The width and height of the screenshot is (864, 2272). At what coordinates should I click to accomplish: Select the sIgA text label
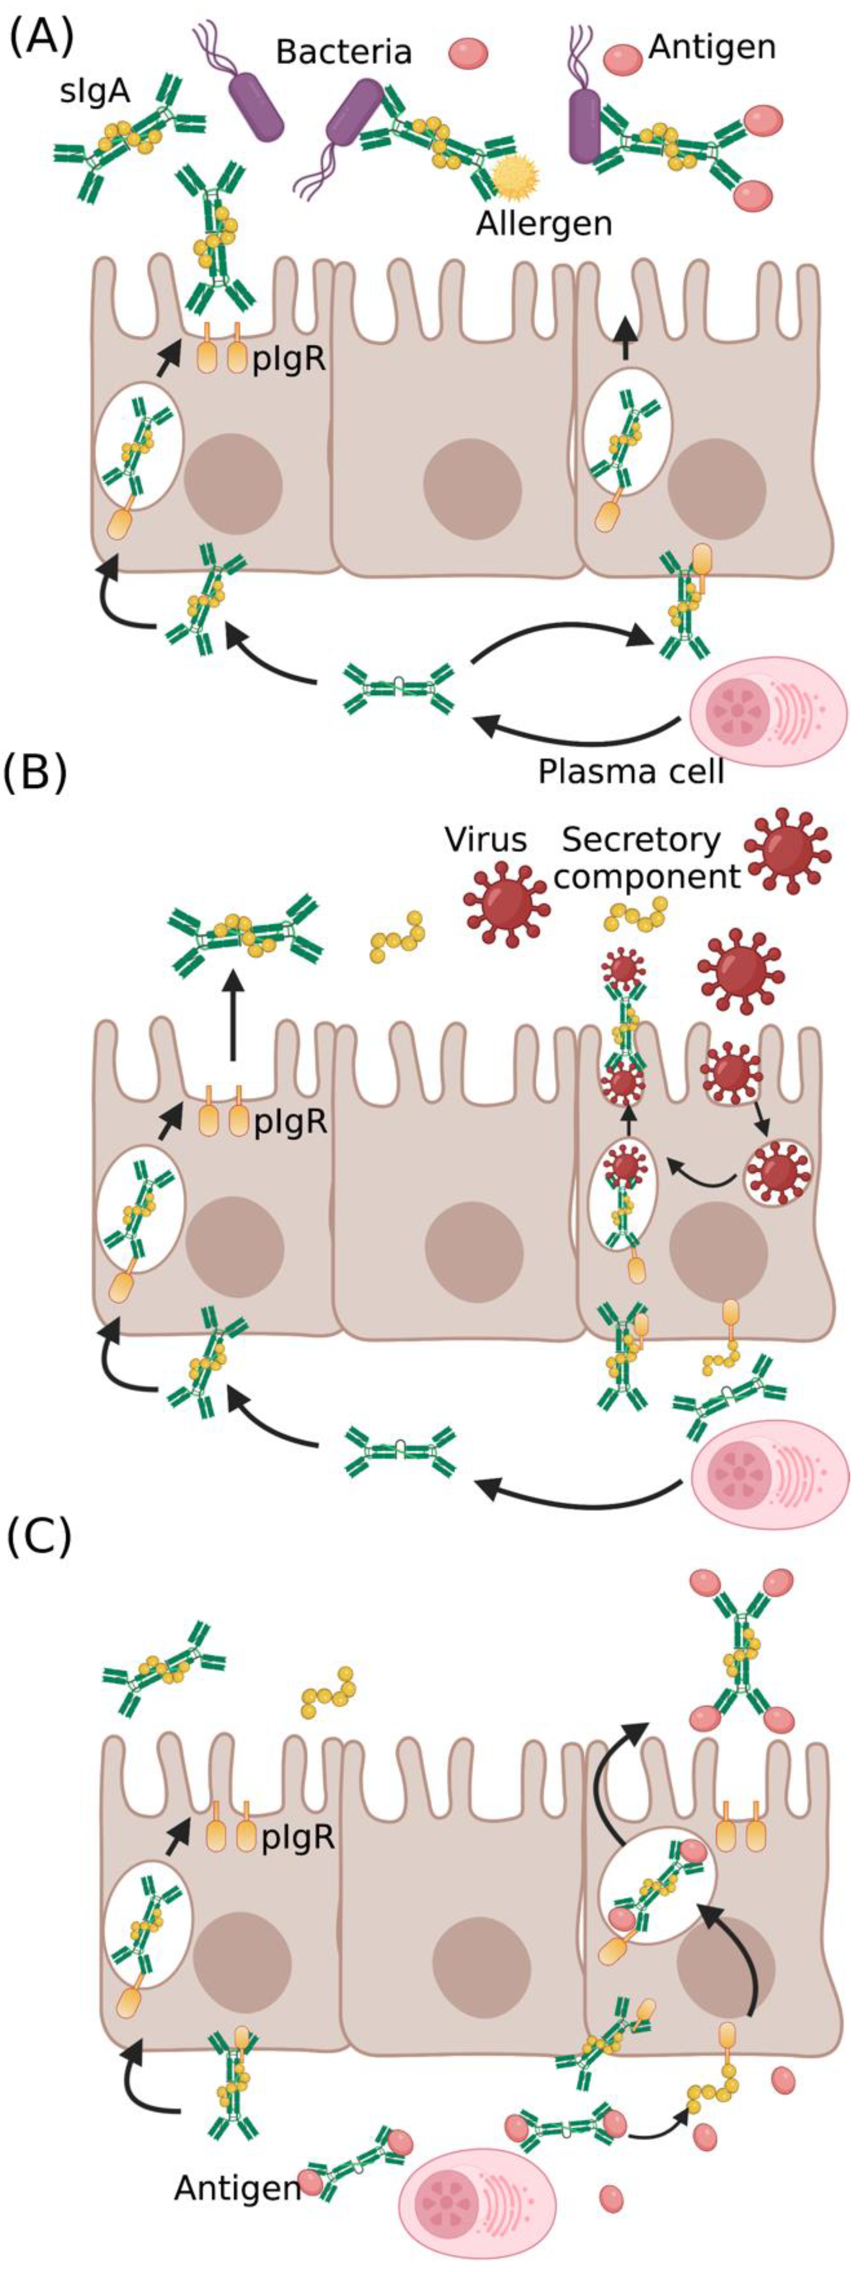pos(95,92)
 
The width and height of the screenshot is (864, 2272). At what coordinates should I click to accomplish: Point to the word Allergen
pos(544,224)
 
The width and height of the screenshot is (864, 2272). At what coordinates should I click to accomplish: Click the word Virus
pos(486,840)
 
